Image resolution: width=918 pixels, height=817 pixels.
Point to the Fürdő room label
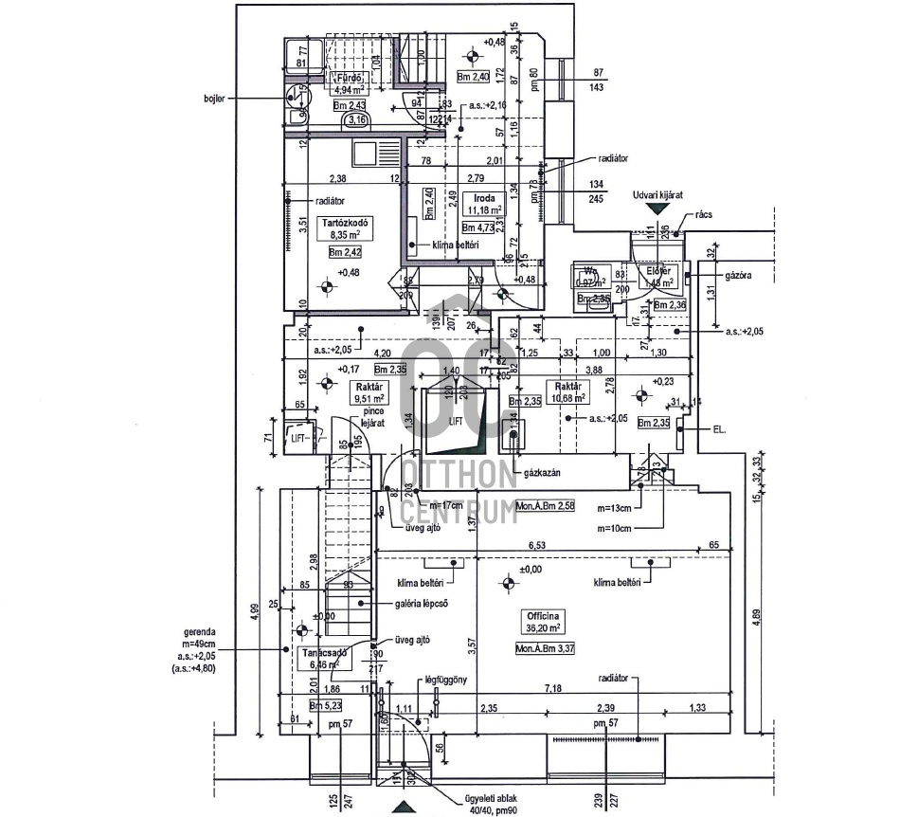point(345,78)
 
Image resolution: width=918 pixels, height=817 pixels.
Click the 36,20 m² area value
point(542,627)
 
